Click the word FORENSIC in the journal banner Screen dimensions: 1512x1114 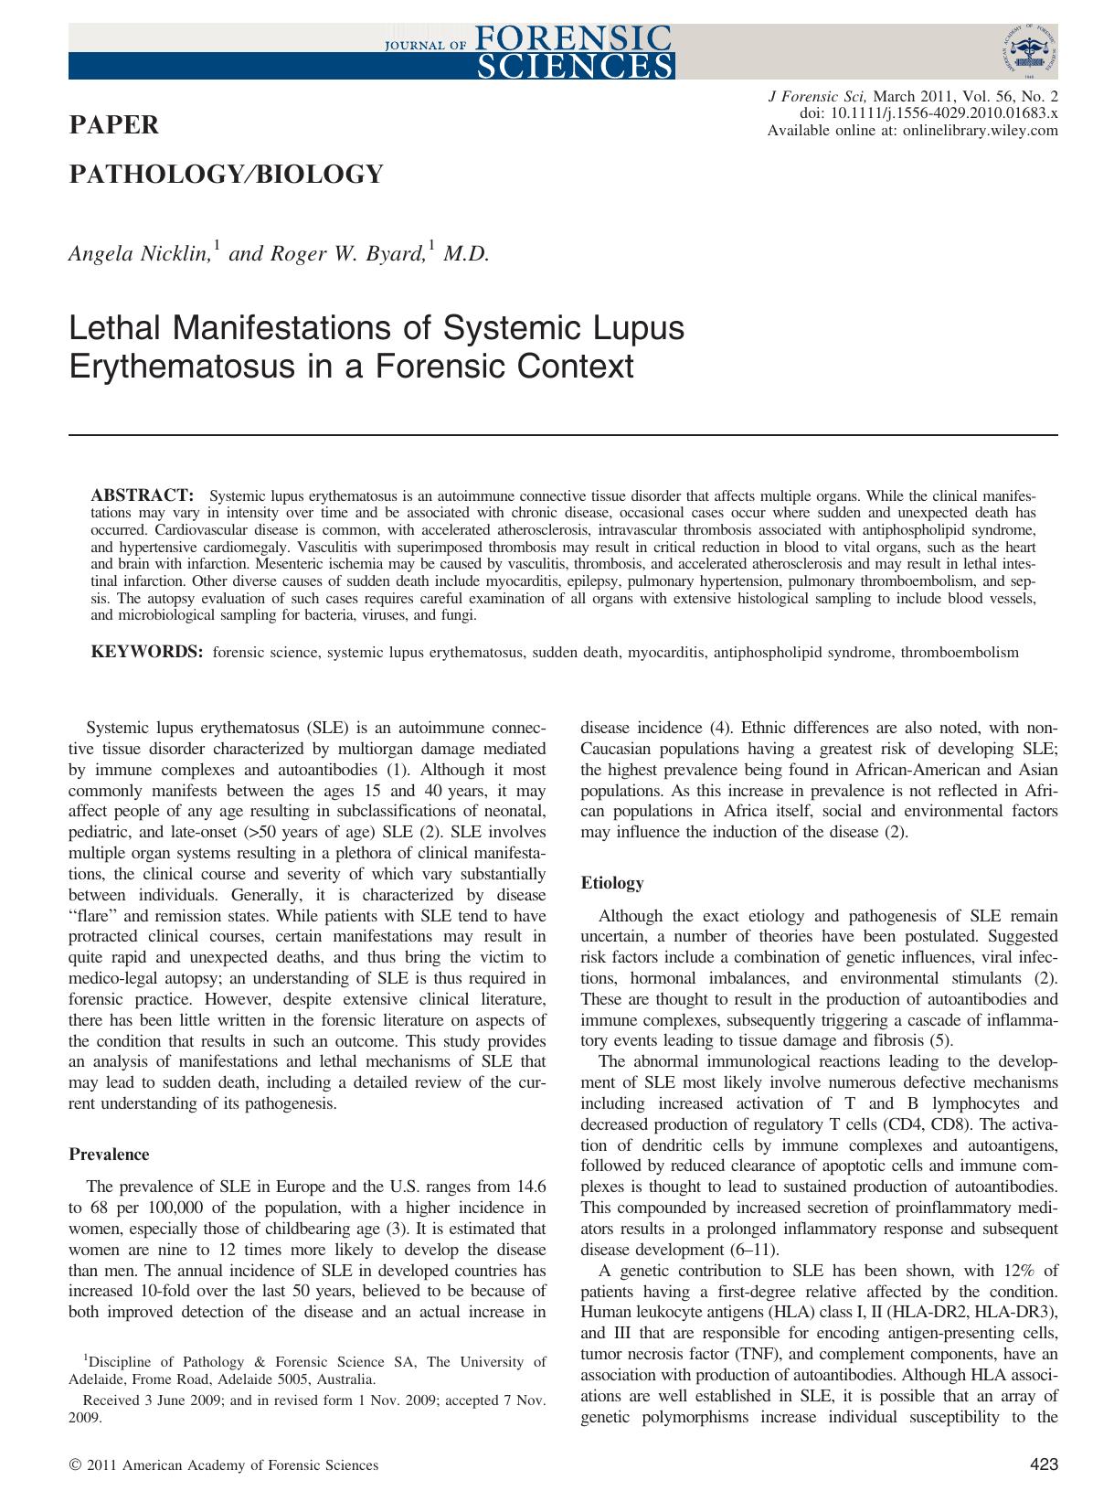point(573,38)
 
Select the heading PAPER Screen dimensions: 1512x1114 point(114,125)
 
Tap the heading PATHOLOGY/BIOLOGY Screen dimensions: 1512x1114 point(226,174)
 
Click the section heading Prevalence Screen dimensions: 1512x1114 point(109,1155)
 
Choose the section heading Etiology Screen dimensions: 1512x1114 point(612,883)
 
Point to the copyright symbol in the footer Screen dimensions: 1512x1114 point(75,1465)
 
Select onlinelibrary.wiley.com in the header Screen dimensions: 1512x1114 point(980,131)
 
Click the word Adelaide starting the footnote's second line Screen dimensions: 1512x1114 point(98,1379)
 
